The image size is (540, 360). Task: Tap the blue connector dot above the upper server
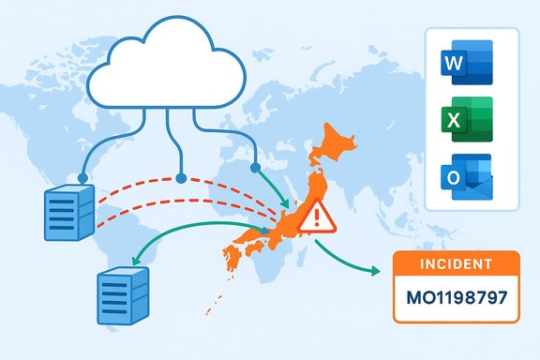click(x=82, y=176)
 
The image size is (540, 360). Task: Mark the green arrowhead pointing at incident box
click(x=378, y=272)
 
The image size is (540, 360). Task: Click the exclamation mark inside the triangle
click(x=316, y=219)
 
